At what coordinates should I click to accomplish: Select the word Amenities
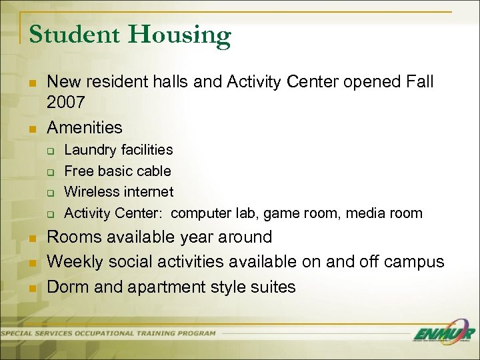pyautogui.click(x=85, y=127)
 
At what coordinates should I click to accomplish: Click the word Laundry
pyautogui.click(x=89, y=150)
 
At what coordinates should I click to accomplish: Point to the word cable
pyautogui.click(x=155, y=171)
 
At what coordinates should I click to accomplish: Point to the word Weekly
pyautogui.click(x=75, y=262)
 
